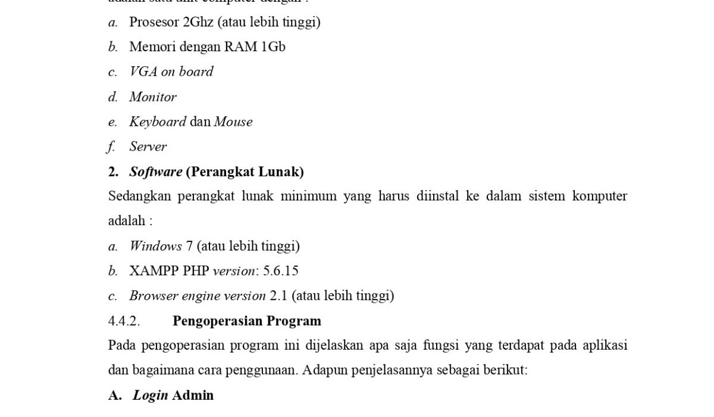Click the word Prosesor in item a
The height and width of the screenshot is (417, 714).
(154, 22)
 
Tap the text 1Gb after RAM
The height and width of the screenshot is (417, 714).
(273, 46)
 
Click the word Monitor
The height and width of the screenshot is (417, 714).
(153, 97)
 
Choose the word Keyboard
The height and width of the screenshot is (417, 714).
(158, 122)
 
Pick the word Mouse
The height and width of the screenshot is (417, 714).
(233, 122)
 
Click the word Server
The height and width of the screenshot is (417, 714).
(148, 147)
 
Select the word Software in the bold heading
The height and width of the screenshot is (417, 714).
(156, 172)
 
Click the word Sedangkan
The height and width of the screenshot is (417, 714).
(139, 196)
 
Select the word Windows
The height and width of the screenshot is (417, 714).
(156, 246)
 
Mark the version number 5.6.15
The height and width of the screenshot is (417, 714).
(280, 271)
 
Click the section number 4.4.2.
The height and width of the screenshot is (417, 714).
(124, 321)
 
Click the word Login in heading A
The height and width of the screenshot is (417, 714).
(150, 395)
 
